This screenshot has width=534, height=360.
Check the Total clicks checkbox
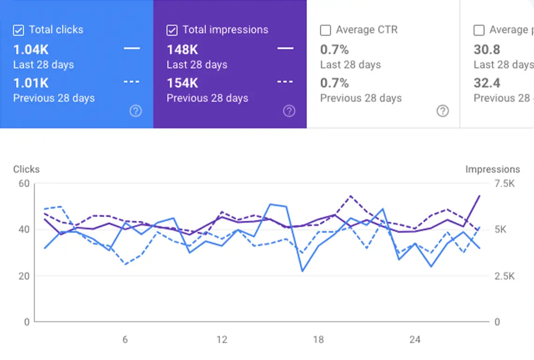[x=18, y=30]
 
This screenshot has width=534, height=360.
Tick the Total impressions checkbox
[x=172, y=30]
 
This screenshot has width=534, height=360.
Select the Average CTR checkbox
[x=325, y=30]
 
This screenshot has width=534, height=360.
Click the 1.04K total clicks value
[x=31, y=49]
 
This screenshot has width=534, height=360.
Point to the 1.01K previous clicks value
[x=31, y=83]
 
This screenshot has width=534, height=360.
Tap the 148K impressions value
[x=183, y=49]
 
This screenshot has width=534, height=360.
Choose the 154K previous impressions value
[x=183, y=83]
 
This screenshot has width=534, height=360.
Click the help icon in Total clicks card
[x=136, y=111]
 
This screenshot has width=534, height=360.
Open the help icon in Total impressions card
[x=289, y=111]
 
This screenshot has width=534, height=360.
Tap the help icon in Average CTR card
[x=443, y=111]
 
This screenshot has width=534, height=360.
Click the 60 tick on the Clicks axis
[x=24, y=183]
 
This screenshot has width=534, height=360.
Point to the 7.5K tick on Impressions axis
[x=504, y=183]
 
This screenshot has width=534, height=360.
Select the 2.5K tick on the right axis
[x=504, y=276]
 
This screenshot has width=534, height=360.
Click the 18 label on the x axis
[x=318, y=340]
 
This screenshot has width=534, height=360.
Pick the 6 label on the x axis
[x=125, y=340]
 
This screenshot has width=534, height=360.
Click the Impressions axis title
[x=492, y=169]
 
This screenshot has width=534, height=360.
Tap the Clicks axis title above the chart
[x=26, y=169]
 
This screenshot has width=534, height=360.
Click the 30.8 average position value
[x=487, y=49]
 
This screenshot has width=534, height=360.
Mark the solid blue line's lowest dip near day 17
[x=303, y=271]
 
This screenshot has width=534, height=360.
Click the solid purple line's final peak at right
[x=480, y=195]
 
